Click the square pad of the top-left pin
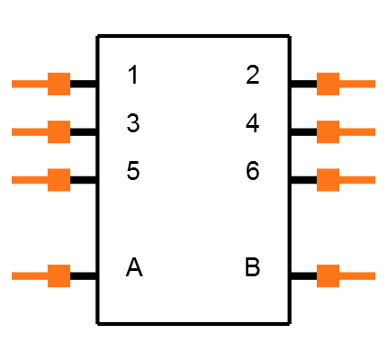click(58, 84)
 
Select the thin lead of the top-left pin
click(29, 84)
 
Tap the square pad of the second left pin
click(58, 132)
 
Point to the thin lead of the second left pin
click(29, 132)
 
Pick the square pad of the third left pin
click(58, 180)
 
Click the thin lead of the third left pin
click(29, 180)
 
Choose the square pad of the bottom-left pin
click(58, 276)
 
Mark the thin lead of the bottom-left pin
click(29, 276)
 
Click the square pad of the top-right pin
click(328, 84)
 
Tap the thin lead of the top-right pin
click(357, 84)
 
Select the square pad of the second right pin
click(328, 132)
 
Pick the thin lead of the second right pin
click(357, 132)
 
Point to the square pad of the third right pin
click(328, 180)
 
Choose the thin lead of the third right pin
click(357, 180)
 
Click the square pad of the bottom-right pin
click(328, 276)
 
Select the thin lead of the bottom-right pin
click(357, 276)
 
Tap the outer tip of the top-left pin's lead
click(13, 84)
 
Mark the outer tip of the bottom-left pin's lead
click(13, 276)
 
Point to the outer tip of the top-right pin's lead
click(373, 84)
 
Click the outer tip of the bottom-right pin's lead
click(373, 276)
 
